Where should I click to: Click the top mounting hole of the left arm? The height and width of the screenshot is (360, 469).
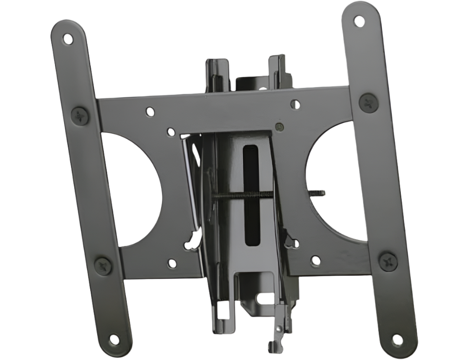pos(68,38)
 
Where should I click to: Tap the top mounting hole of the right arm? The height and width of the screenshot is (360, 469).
pos(360,21)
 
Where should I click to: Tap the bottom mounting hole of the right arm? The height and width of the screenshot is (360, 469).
pos(398,340)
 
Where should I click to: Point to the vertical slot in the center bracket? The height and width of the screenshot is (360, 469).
pos(251,195)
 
